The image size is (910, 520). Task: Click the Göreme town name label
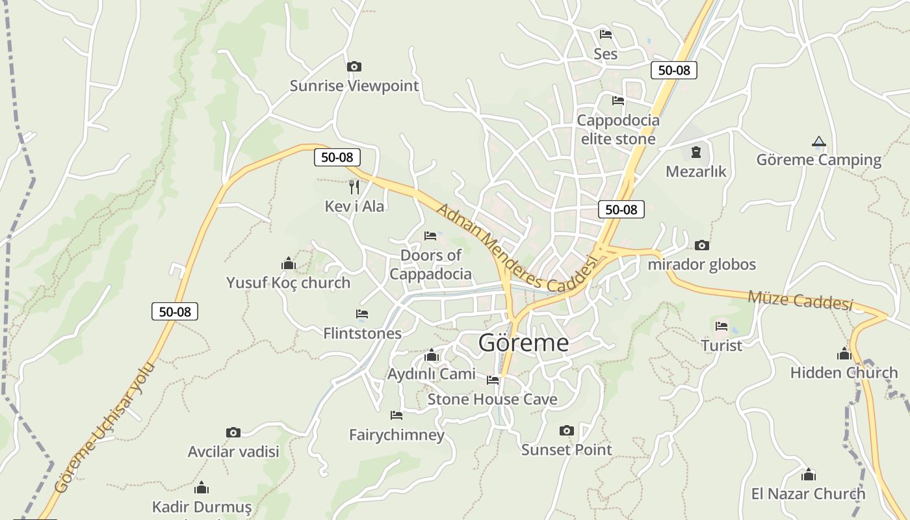(523, 343)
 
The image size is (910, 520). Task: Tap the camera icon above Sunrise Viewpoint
(354, 66)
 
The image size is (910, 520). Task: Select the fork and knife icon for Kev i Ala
(354, 187)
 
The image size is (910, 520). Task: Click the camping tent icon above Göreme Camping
(818, 141)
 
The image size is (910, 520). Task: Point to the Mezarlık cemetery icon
(696, 152)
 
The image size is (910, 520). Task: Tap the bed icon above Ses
(606, 34)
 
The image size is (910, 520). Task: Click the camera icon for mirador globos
(701, 245)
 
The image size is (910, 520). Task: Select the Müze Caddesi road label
(799, 300)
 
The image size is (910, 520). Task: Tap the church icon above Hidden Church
(844, 354)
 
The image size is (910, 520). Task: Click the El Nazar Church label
(808, 494)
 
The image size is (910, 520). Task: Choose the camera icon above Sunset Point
(567, 430)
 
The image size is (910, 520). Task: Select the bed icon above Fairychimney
(396, 415)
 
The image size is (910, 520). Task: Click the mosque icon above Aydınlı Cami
(432, 356)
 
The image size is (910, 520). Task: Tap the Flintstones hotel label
(362, 333)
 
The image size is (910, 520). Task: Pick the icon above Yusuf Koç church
(288, 263)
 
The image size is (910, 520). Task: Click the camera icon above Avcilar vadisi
(233, 433)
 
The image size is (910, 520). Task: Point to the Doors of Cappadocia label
(430, 265)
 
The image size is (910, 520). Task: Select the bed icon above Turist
(721, 326)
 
